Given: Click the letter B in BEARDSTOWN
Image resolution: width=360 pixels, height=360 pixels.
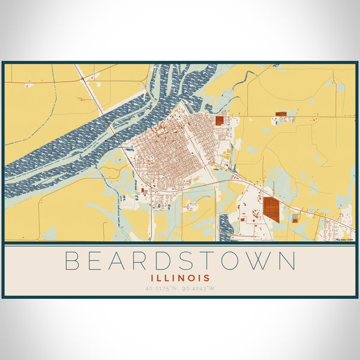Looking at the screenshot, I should [x=72, y=262].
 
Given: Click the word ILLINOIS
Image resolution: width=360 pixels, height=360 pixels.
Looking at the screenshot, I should [x=180, y=278].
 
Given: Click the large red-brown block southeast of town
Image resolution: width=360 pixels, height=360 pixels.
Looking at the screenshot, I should [x=272, y=208].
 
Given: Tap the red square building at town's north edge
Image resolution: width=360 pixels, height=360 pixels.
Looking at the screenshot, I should [x=219, y=120].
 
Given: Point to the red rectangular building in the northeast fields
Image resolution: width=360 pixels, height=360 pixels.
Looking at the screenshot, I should [x=281, y=113].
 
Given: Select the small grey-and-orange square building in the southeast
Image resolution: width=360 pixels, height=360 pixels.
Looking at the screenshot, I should [x=295, y=218].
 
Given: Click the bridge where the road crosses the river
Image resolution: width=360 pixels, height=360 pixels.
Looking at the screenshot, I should [x=111, y=127].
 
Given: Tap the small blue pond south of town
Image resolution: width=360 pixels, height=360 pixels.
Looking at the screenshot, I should [x=157, y=207].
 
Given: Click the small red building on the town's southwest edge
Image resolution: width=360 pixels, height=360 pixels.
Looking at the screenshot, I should [x=144, y=191].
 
